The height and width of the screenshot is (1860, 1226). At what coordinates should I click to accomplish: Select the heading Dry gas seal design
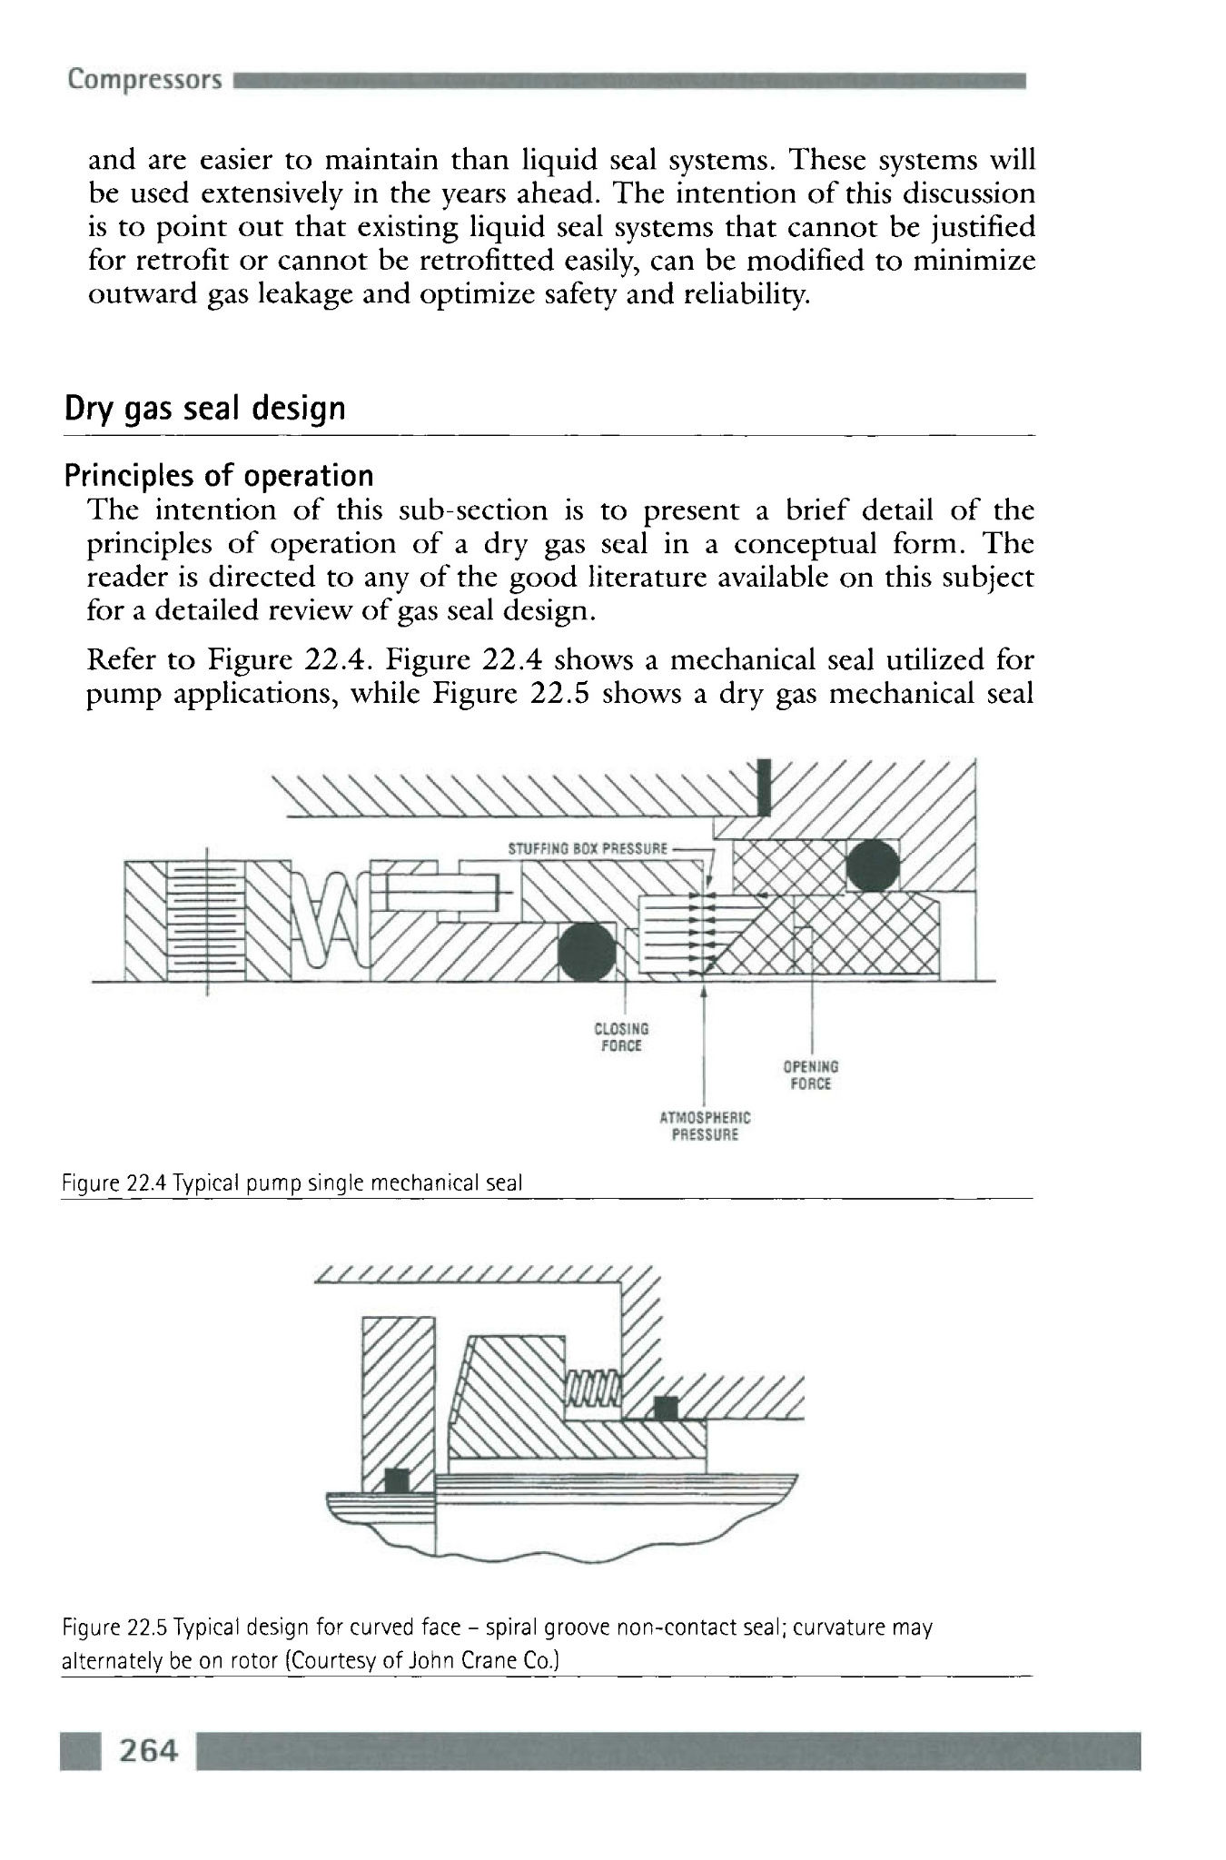(x=205, y=409)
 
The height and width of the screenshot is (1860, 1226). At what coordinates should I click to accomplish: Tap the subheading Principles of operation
(x=219, y=476)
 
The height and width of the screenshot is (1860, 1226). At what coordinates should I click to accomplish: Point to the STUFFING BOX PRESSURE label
(x=588, y=850)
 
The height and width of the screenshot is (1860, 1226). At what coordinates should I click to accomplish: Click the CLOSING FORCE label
(x=621, y=1037)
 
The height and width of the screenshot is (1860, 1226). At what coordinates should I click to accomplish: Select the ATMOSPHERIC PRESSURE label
(x=705, y=1126)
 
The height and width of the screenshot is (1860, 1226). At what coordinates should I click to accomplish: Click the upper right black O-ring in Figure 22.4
(x=873, y=865)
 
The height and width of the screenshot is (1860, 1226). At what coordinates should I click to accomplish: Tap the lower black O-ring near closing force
(x=587, y=952)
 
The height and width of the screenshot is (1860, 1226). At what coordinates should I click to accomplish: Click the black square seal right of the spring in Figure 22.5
(x=667, y=1409)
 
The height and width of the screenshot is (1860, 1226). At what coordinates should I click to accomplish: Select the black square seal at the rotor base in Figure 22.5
(x=396, y=1479)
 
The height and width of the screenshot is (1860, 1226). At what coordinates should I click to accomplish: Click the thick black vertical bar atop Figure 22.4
(x=765, y=787)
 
